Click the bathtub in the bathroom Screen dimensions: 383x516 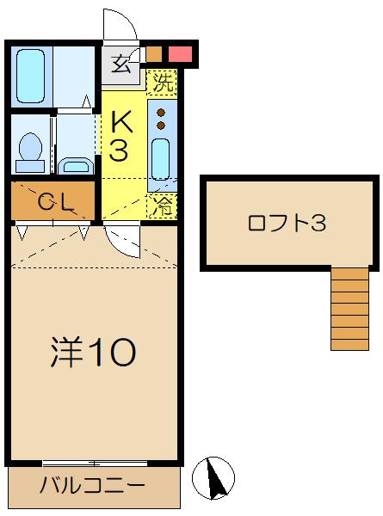coord(30,76)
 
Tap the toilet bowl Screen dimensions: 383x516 coord(31,147)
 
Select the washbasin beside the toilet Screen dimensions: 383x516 coord(76,166)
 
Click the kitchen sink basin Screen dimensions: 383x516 coord(161,159)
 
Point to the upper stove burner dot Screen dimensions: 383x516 coord(161,113)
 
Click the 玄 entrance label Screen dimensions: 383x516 coord(120,64)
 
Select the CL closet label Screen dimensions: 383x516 coord(55,201)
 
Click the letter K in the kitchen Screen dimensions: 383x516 coord(121,121)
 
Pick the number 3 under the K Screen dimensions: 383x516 coord(119,150)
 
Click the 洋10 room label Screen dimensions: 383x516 coord(94,353)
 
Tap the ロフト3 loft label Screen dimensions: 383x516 coord(287,223)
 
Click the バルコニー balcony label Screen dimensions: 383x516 coord(92,485)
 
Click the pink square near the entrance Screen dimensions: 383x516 coord(180,54)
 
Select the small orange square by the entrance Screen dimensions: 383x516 coord(154,54)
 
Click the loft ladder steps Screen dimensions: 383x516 coord(349,309)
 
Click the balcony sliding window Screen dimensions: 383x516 coord(95,464)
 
